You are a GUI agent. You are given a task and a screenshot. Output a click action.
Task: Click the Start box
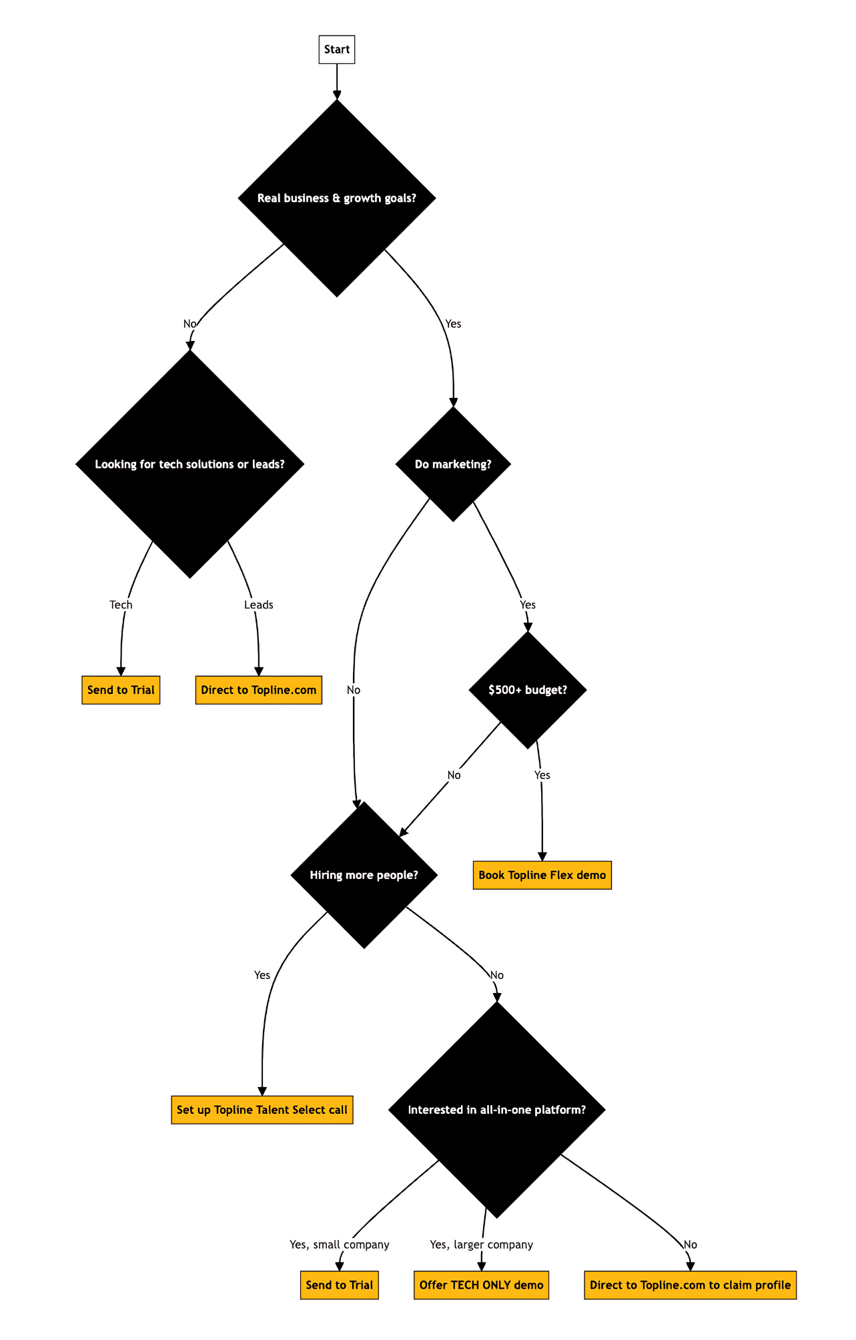click(x=337, y=50)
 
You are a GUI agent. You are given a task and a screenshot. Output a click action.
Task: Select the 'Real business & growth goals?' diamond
click(x=337, y=198)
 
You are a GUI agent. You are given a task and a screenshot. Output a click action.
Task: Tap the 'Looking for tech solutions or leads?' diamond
click(x=190, y=464)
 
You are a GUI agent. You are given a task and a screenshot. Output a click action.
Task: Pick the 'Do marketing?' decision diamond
click(x=453, y=464)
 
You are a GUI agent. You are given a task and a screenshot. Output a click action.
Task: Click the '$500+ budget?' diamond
click(x=528, y=689)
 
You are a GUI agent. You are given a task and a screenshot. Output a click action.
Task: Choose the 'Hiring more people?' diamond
click(x=364, y=875)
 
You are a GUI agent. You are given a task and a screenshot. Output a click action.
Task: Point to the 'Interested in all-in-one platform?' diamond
click(x=497, y=1110)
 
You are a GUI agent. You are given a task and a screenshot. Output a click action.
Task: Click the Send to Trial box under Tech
click(x=121, y=690)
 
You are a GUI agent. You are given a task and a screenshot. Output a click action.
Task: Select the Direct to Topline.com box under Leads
click(x=259, y=690)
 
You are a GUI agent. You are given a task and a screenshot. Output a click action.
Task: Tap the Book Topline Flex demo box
click(x=542, y=875)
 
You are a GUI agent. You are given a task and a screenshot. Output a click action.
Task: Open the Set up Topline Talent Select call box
click(x=262, y=1110)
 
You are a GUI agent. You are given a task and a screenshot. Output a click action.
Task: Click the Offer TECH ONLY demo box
click(x=481, y=1285)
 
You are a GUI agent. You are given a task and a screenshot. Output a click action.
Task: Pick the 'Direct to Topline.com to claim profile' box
click(x=691, y=1285)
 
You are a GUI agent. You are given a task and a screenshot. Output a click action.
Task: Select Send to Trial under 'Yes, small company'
click(x=340, y=1285)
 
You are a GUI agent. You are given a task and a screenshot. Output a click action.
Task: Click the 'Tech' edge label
click(x=121, y=605)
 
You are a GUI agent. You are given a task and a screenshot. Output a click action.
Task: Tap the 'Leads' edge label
click(x=259, y=605)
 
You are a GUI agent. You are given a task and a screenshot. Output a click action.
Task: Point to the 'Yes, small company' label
click(x=340, y=1245)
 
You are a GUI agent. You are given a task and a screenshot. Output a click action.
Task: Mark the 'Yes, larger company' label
click(x=482, y=1245)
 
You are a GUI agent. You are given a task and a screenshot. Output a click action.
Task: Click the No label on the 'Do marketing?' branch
click(x=354, y=690)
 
